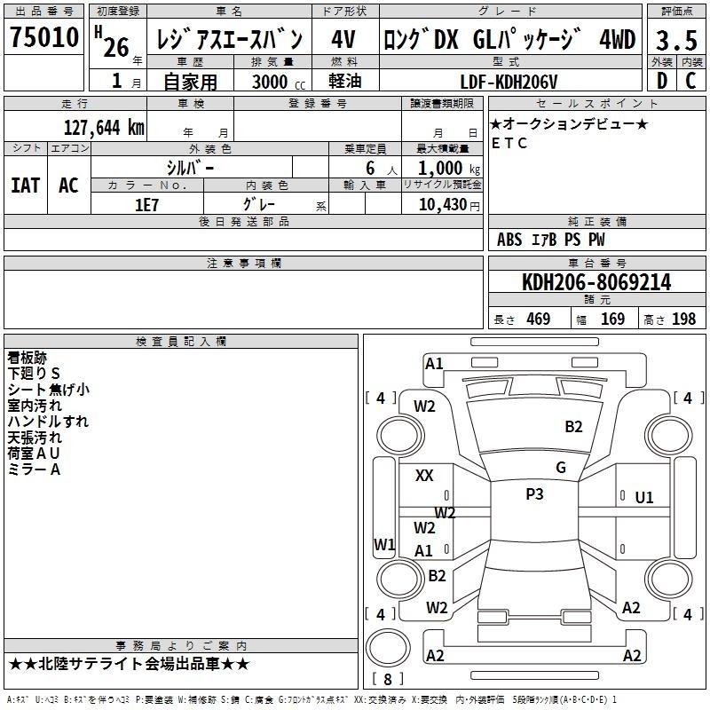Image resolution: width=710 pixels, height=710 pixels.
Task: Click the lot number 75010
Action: (x=44, y=38)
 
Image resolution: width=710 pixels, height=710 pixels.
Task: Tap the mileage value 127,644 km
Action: (x=104, y=127)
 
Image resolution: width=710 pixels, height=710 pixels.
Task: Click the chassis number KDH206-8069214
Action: (x=596, y=282)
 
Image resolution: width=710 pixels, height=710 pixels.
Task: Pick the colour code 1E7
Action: (x=146, y=203)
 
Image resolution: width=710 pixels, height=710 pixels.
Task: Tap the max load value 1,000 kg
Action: (x=444, y=168)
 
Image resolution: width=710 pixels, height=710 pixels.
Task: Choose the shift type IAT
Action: (x=25, y=185)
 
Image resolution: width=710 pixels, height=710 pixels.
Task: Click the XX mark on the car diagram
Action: (x=424, y=476)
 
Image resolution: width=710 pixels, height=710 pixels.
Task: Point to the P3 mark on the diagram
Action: (x=534, y=494)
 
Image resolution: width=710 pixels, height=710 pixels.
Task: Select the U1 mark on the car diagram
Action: (x=644, y=498)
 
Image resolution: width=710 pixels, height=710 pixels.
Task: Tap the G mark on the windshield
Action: (x=561, y=467)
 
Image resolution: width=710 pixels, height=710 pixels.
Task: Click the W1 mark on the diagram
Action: (x=384, y=543)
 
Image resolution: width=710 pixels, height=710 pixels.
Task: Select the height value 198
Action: (x=683, y=319)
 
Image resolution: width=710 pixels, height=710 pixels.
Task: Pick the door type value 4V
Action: (x=344, y=39)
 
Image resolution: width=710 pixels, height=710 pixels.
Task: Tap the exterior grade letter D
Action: (x=661, y=82)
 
